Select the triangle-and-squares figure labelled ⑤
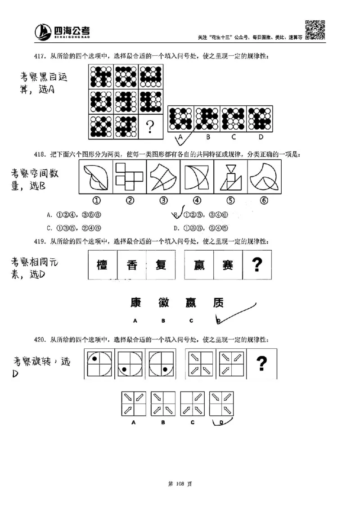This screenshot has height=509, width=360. click(231, 177)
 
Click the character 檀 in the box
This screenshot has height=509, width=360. click(102, 266)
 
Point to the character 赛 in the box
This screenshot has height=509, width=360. click(227, 266)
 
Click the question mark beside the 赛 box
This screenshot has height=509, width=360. click(257, 265)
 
